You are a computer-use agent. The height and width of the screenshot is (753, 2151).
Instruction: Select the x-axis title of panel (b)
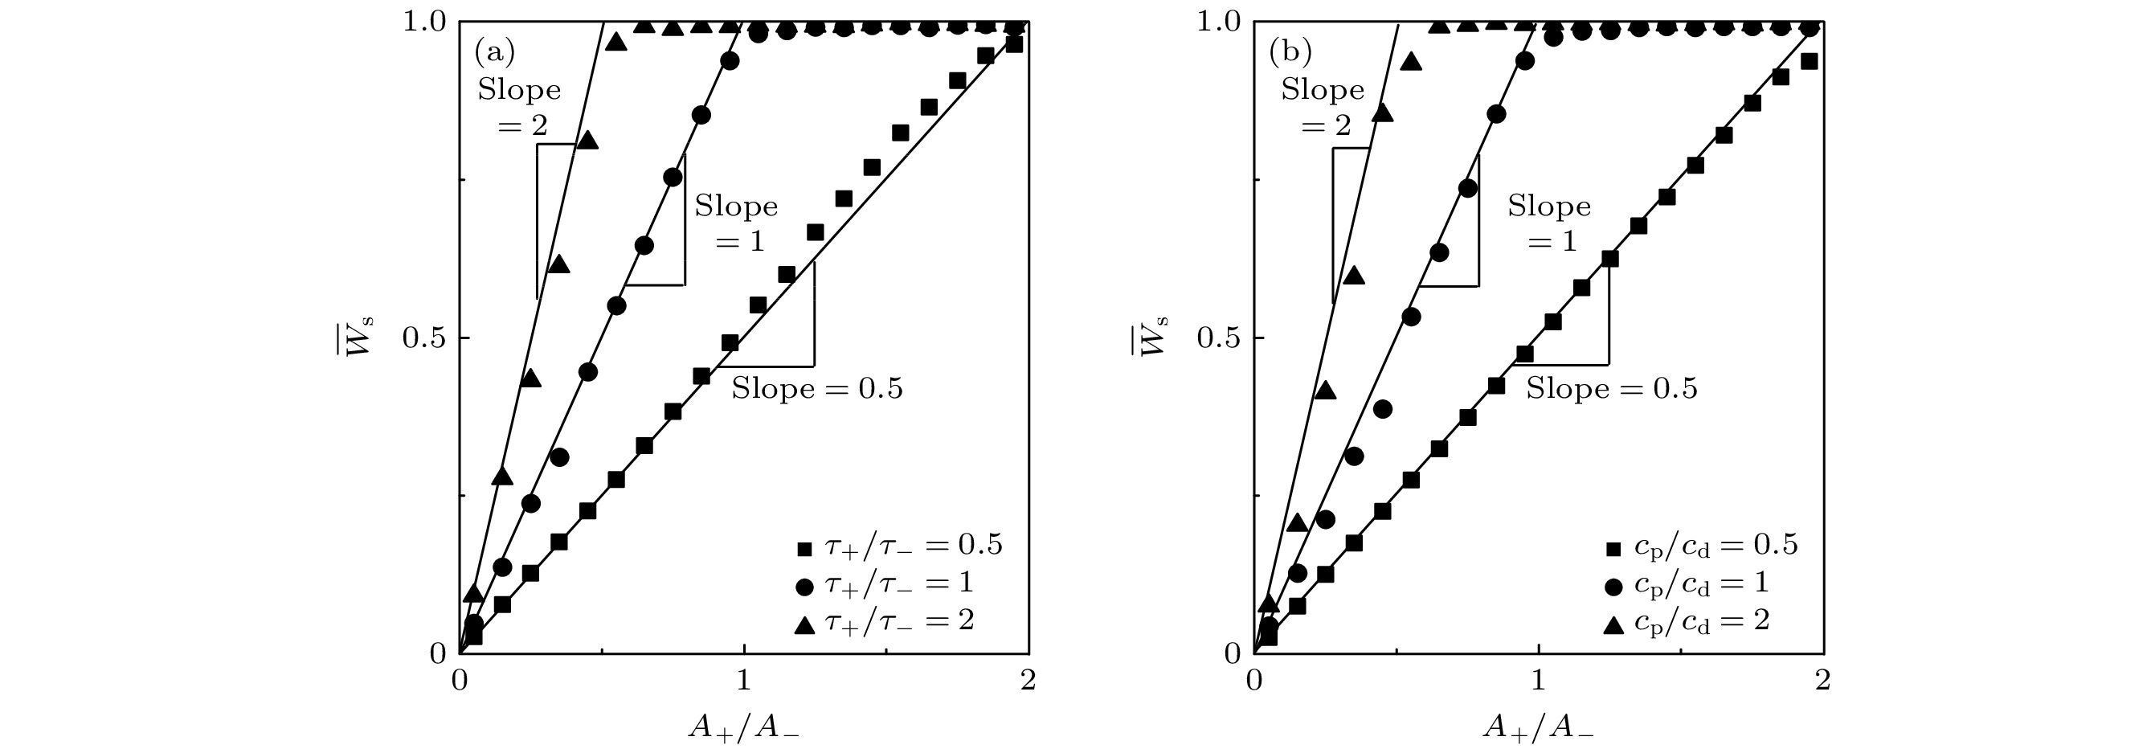[x=1538, y=728]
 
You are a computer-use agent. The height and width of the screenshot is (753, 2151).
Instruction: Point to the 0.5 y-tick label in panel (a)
[x=425, y=338]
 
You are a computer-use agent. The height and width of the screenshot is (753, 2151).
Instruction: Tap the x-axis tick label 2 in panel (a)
[x=1028, y=681]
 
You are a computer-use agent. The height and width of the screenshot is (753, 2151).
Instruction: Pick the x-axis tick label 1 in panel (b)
[x=1539, y=681]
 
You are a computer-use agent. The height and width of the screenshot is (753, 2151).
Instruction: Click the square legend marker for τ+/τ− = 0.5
[x=804, y=548]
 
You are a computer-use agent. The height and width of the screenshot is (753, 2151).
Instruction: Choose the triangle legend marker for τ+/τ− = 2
[x=804, y=624]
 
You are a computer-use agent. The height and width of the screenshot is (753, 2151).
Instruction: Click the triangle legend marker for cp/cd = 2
[x=1614, y=624]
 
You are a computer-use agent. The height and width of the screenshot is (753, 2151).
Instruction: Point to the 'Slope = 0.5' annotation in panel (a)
[x=817, y=389]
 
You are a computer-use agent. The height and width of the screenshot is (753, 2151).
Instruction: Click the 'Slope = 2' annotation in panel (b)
[x=1323, y=106]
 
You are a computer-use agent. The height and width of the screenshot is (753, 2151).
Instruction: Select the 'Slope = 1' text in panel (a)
[x=736, y=223]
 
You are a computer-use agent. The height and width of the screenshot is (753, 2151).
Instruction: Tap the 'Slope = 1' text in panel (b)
[x=1549, y=223]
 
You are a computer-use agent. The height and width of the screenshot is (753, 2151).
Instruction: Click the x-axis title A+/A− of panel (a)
[x=743, y=728]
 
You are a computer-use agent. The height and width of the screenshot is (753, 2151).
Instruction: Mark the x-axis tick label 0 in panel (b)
[x=1253, y=681]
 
